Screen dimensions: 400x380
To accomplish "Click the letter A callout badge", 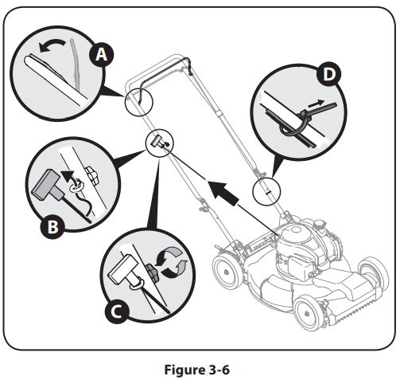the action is pyautogui.click(x=101, y=55).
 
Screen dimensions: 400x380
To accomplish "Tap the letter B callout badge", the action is pyautogui.click(x=52, y=226).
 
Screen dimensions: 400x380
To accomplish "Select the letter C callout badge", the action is pyautogui.click(x=117, y=311).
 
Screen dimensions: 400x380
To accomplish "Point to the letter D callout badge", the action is pyautogui.click(x=329, y=74).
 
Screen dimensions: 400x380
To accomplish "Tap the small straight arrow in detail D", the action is pyautogui.click(x=316, y=104).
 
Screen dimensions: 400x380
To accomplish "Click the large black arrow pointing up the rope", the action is pyautogui.click(x=224, y=193).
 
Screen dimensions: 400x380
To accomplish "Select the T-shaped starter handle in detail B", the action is pyautogui.click(x=48, y=186).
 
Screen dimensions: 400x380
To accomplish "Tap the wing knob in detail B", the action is pyautogui.click(x=92, y=174).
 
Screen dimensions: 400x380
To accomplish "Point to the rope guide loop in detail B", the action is pyautogui.click(x=76, y=186).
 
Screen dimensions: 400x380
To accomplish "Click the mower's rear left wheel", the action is pyautogui.click(x=228, y=270).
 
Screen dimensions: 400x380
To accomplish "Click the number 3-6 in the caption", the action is pyautogui.click(x=219, y=370).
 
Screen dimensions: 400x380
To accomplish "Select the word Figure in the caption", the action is pyautogui.click(x=184, y=370).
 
